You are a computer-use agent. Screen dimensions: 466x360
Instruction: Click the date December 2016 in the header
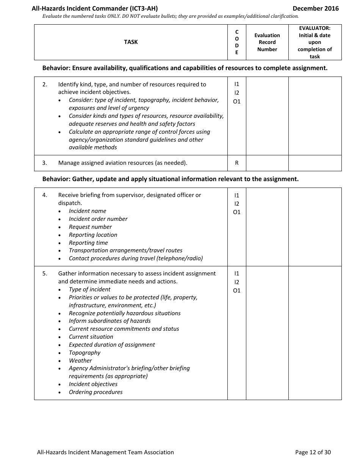pos(315,8)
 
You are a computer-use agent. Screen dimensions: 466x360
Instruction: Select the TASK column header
pos(131,42)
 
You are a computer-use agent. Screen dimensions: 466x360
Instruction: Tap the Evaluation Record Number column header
pos(267,42)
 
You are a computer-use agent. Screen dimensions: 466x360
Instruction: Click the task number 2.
pos(45,84)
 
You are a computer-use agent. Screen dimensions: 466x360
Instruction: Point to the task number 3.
pos(45,163)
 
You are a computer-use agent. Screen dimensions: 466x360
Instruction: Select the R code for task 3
pos(237,163)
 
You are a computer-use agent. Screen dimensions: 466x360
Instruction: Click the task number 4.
pos(45,195)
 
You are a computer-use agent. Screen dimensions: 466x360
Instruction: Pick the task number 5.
pos(45,274)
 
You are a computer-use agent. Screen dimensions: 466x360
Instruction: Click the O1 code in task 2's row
pos(237,102)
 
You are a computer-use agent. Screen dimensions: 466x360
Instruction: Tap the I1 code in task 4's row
pos(237,195)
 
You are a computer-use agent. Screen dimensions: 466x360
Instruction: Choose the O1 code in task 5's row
pos(237,291)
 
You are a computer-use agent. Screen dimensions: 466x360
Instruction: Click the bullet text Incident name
pos(88,211)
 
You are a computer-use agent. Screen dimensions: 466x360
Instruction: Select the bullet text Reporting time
pos(88,243)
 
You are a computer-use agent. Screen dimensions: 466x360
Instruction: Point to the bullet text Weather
pos(80,361)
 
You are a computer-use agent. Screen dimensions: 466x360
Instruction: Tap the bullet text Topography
pos(85,353)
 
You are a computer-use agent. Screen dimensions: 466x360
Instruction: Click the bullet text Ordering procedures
pos(95,392)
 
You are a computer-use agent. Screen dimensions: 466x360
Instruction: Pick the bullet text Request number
pos(90,227)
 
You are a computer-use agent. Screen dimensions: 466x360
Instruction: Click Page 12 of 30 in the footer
pos(313,452)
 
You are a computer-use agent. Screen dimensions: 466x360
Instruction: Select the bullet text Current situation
pos(91,337)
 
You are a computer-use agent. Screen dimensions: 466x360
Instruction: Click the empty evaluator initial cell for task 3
pos(315,163)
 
